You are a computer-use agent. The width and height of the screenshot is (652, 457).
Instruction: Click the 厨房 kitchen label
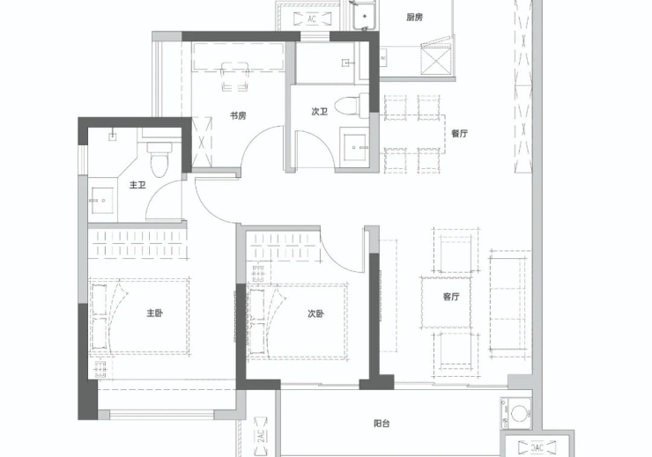pyautogui.click(x=414, y=18)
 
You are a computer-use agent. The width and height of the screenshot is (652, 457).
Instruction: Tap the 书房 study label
pyautogui.click(x=238, y=115)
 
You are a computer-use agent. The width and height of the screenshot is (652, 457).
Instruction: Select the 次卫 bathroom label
pyautogui.click(x=319, y=111)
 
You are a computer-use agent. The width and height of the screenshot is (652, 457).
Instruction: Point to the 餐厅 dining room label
pyautogui.click(x=459, y=133)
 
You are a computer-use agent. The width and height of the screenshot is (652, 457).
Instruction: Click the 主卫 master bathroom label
pyautogui.click(x=137, y=184)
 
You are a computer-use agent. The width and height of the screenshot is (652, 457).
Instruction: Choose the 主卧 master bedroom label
pyautogui.click(x=154, y=313)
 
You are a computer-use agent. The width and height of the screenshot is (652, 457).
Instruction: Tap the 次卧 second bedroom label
pyautogui.click(x=315, y=314)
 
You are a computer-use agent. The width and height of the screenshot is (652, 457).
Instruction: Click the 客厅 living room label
pyautogui.click(x=451, y=297)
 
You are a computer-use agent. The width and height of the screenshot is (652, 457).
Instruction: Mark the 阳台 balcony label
pyautogui.click(x=382, y=424)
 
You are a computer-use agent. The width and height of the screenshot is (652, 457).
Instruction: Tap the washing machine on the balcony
pyautogui.click(x=517, y=413)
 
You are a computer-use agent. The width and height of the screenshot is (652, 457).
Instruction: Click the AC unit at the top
pyautogui.click(x=312, y=18)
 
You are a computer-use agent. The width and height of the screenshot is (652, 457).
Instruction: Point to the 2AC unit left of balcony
pyautogui.click(x=260, y=436)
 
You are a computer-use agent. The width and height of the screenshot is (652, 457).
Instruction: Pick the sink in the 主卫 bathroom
pyautogui.click(x=102, y=200)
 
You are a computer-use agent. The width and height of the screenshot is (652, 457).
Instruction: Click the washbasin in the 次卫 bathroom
pyautogui.click(x=354, y=147)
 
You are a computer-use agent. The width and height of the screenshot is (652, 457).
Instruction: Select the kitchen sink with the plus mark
pyautogui.click(x=365, y=16)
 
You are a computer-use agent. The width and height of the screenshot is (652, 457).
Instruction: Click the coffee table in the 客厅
pyautogui.click(x=446, y=302)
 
